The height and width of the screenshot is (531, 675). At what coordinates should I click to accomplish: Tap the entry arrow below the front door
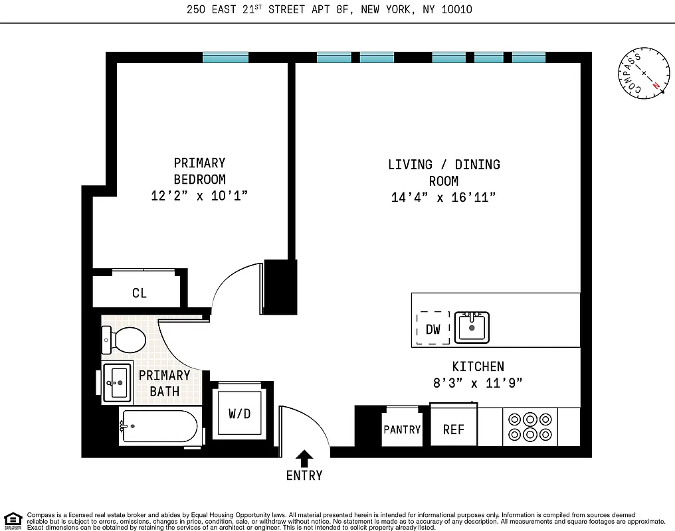coord(304,458)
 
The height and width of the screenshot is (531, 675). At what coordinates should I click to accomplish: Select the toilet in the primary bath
coord(124,341)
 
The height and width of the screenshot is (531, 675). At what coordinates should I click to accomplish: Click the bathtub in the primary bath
coord(159,426)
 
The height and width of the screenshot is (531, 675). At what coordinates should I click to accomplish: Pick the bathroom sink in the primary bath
coord(118,383)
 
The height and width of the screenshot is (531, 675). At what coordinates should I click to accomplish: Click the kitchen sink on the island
coord(472,327)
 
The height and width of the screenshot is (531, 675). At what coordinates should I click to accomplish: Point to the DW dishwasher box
coord(433,329)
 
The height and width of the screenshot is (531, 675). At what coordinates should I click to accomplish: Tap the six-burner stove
coord(530,427)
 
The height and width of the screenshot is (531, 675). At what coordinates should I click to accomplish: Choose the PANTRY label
coord(402,429)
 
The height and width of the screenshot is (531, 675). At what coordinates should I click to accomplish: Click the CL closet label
coord(140,293)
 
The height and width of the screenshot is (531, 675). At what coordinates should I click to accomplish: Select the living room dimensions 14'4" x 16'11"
coord(444,197)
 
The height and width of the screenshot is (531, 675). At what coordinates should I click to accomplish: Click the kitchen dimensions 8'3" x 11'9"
coord(478,383)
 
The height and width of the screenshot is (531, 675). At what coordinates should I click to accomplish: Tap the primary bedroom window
coord(225,58)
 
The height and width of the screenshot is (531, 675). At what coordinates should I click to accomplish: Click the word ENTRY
coord(304,475)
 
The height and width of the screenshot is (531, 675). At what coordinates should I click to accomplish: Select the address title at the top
coord(330,10)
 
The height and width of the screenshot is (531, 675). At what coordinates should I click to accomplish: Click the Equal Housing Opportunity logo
coord(12,520)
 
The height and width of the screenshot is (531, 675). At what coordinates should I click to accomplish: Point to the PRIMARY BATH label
coord(164,383)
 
